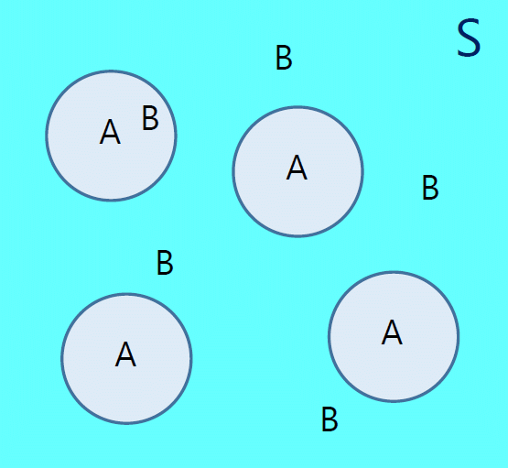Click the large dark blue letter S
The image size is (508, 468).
(x=469, y=38)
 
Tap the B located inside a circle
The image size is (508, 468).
(x=150, y=118)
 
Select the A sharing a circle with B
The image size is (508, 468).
(x=110, y=132)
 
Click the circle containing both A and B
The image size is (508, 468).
(x=111, y=136)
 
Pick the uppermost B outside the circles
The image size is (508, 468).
(x=284, y=58)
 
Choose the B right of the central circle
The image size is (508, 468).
(x=430, y=188)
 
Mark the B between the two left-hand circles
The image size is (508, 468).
(x=165, y=263)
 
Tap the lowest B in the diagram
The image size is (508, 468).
(x=330, y=419)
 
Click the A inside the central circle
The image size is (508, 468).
(x=297, y=168)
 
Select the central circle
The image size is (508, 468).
(x=297, y=171)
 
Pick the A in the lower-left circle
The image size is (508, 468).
(x=125, y=354)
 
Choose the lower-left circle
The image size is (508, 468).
(x=126, y=359)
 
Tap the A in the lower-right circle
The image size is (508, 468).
(x=392, y=332)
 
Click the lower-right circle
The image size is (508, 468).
(x=394, y=336)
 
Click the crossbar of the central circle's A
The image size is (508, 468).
(x=297, y=172)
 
